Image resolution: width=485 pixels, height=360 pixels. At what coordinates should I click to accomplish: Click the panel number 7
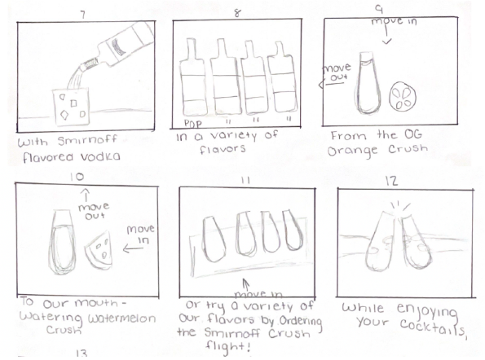pos(82,15)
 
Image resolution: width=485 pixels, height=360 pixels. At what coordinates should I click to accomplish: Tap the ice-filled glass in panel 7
pos(71,107)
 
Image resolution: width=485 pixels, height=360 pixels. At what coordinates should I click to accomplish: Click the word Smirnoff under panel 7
pos(87,141)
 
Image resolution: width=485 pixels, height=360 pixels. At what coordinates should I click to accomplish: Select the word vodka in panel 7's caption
pos(100,157)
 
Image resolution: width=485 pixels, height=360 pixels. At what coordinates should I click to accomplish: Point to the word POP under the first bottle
pos(193,124)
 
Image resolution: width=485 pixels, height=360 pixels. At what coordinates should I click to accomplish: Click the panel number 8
pos(237,13)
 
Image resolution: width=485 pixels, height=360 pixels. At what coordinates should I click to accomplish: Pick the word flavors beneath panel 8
pos(222,150)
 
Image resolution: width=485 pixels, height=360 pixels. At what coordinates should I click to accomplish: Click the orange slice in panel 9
pos(403,96)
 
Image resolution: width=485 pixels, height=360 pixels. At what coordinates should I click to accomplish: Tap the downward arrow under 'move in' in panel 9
pos(386,36)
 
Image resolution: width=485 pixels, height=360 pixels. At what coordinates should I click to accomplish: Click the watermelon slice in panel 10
pos(99,249)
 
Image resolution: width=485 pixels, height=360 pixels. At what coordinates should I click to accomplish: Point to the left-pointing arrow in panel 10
pos(134,248)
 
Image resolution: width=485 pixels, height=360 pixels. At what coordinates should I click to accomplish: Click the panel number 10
pos(77,177)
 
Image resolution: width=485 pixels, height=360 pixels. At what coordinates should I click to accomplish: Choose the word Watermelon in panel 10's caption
pos(121,318)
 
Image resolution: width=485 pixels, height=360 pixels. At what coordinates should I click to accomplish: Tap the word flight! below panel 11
pos(228,346)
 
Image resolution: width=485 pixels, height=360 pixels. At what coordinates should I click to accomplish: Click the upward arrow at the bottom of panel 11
pos(246,285)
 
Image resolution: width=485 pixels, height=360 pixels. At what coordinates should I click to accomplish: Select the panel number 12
pos(391,181)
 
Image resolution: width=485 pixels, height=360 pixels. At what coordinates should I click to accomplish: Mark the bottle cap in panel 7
pos(90,64)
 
